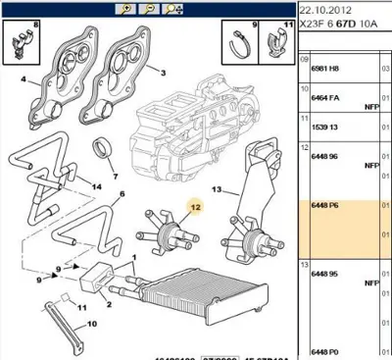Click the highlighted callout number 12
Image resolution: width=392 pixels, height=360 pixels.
(x=195, y=207)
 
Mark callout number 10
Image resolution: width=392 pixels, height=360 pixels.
(x=93, y=320)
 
